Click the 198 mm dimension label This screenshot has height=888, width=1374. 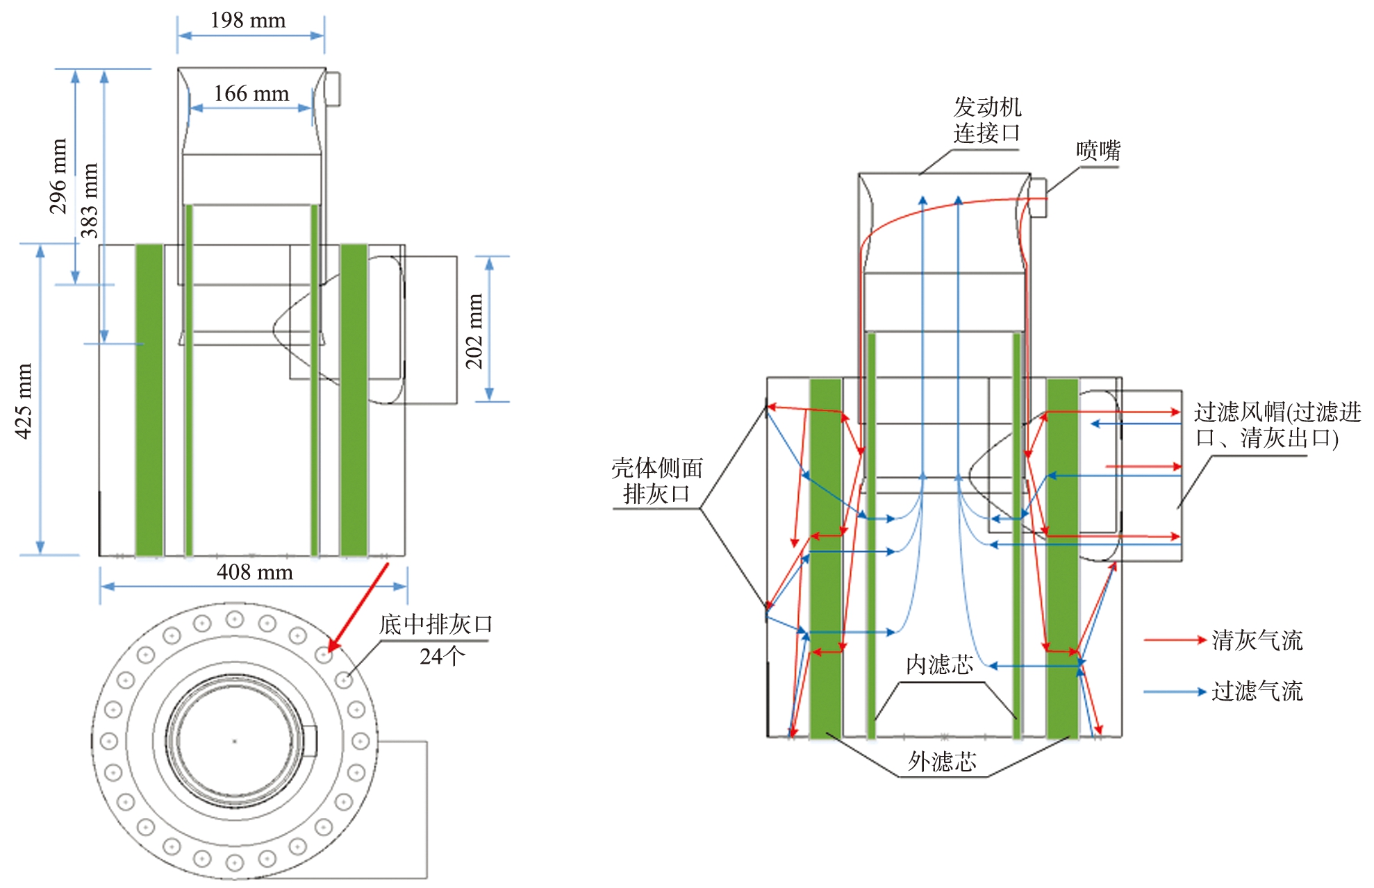tap(248, 20)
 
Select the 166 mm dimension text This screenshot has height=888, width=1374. tap(251, 93)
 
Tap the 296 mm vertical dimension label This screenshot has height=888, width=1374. tap(58, 176)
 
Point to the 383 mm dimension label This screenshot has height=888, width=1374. tap(89, 201)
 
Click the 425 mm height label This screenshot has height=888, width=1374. tap(24, 401)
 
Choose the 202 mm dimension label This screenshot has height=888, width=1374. tap(474, 331)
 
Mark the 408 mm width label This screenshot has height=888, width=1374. tap(254, 572)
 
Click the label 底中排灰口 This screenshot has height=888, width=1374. tap(436, 624)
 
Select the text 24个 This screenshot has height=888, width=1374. tap(442, 656)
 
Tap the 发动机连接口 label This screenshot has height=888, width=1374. tap(987, 119)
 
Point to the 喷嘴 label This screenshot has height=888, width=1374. tap(1098, 150)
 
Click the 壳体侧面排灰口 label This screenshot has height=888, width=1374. tap(657, 480)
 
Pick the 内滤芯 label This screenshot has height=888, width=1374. tap(939, 664)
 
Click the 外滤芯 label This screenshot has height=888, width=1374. tap(942, 762)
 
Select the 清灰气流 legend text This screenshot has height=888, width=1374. tap(1257, 640)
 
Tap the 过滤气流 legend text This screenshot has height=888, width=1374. tap(1257, 691)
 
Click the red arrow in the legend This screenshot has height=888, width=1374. tap(1175, 640)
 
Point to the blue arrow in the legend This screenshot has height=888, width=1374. tap(1175, 692)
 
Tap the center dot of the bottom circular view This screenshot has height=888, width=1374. tap(235, 742)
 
